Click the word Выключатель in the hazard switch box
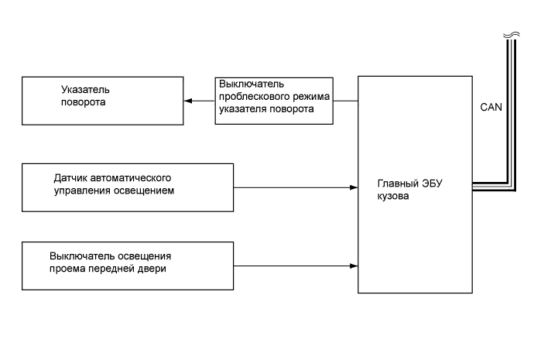[x=252, y=84]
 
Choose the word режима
[x=310, y=96]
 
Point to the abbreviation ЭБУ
[x=434, y=184]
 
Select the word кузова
[x=393, y=197]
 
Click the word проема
[x=67, y=269]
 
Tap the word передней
[x=115, y=269]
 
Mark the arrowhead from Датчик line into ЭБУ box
[x=353, y=187]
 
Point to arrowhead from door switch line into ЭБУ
[x=353, y=267]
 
